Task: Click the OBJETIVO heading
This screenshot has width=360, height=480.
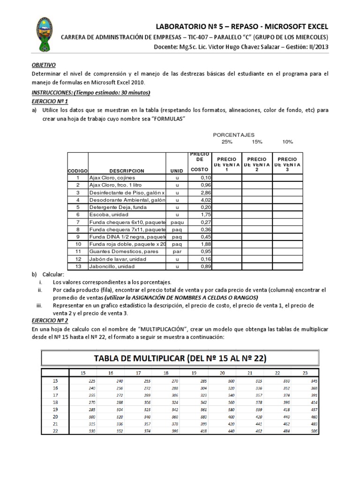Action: click(44, 66)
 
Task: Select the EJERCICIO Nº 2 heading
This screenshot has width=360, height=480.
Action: click(50, 321)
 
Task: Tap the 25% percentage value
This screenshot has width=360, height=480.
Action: click(226, 142)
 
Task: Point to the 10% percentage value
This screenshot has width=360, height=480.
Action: click(287, 142)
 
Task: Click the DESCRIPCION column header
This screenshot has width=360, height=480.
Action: click(127, 171)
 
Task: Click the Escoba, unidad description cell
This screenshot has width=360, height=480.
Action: click(108, 215)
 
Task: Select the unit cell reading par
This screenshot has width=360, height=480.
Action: click(177, 252)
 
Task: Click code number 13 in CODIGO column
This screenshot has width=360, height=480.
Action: click(78, 267)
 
